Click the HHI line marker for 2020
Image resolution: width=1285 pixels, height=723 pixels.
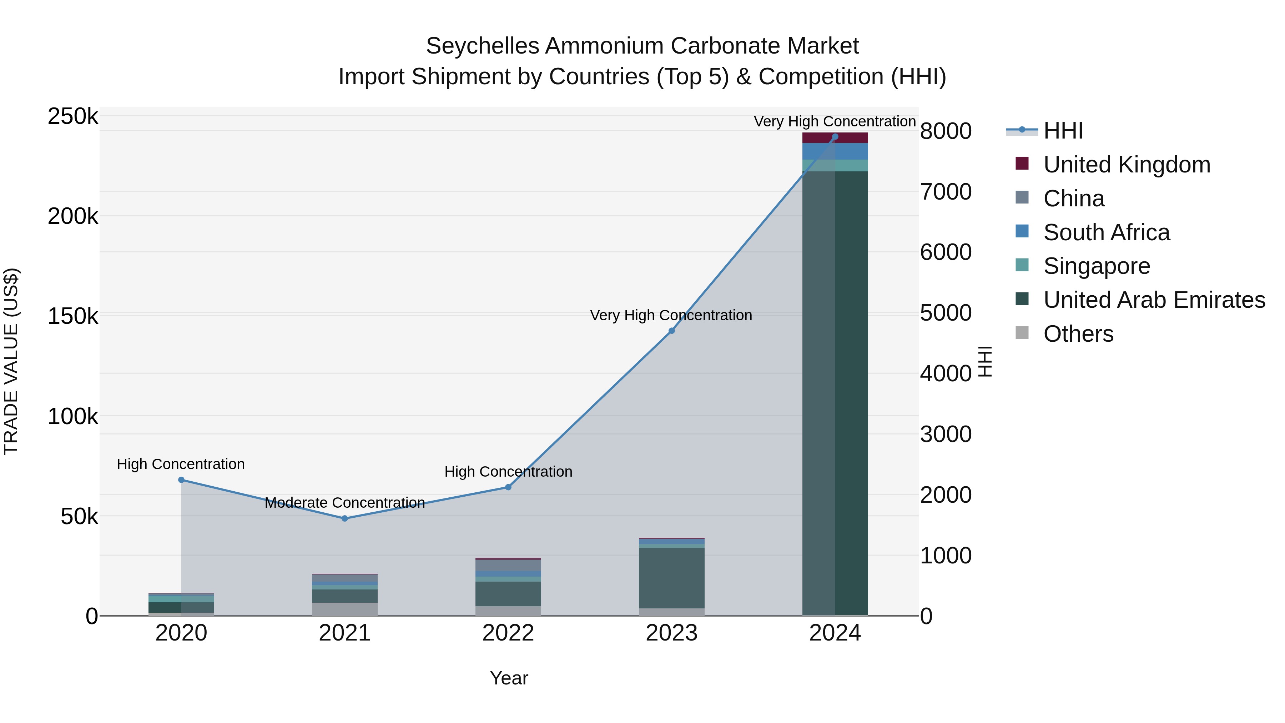point(181,480)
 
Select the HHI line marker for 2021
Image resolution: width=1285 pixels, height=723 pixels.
point(345,518)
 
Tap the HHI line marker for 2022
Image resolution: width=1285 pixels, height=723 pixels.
point(508,487)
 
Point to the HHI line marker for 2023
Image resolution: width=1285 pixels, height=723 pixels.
point(671,331)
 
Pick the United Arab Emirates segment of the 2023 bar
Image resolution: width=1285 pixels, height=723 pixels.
point(671,578)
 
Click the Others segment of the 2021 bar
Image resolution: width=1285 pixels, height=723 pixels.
point(345,609)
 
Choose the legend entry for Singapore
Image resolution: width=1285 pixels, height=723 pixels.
point(1097,266)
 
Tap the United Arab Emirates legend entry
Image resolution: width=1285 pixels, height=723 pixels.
point(1154,300)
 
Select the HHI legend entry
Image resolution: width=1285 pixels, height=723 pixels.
point(1063,131)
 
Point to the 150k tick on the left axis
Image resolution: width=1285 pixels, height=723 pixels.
point(73,316)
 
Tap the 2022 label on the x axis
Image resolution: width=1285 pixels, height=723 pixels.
point(508,633)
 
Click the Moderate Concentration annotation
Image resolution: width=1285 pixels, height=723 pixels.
point(345,502)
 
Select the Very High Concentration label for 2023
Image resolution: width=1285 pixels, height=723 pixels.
point(671,315)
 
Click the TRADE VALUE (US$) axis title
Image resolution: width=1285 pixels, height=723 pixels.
point(11,361)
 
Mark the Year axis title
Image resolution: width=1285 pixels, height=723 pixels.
point(509,678)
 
